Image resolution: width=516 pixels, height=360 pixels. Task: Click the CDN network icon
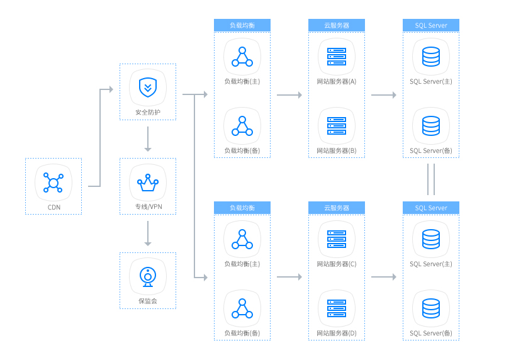(x=53, y=183)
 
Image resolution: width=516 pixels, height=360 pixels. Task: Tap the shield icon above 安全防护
(x=148, y=87)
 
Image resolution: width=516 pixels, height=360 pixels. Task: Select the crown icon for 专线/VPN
(x=148, y=183)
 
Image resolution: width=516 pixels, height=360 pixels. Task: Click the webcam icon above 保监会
(x=148, y=276)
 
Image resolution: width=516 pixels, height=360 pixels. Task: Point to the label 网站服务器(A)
(x=337, y=82)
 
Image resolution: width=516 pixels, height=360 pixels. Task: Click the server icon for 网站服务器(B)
(x=337, y=125)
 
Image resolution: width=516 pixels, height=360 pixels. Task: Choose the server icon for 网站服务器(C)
(x=337, y=239)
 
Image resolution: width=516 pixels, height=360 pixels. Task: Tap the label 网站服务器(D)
(x=337, y=333)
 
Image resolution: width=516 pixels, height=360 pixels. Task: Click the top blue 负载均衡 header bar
(x=242, y=25)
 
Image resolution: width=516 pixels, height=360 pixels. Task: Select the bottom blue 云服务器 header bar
(x=337, y=208)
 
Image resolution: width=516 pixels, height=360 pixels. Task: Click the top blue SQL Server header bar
(x=431, y=25)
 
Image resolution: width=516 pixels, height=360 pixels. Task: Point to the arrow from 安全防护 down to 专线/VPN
(x=148, y=139)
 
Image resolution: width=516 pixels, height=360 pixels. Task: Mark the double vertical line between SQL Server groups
(x=431, y=179)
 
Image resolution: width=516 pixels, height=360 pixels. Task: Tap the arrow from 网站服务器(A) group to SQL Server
(x=384, y=95)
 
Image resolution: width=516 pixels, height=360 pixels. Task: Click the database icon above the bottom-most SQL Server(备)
(x=431, y=308)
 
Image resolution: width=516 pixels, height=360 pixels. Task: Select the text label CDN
(x=53, y=206)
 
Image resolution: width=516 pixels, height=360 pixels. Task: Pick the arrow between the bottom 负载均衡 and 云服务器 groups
(x=289, y=277)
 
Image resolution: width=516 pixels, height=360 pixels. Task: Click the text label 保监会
(x=148, y=301)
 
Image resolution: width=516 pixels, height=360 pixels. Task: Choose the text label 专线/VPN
(x=148, y=206)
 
